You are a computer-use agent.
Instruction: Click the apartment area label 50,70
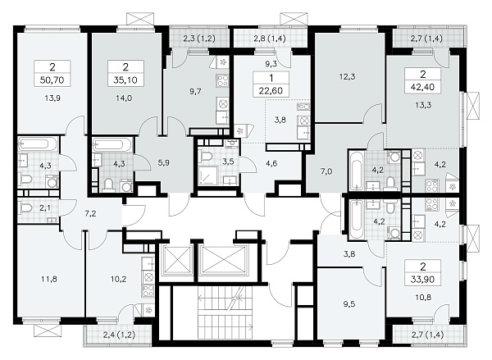[52, 80]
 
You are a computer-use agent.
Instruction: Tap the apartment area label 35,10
[125, 80]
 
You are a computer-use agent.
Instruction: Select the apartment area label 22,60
[271, 91]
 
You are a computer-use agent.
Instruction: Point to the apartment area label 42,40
[422, 87]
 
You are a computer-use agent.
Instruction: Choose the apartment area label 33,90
[422, 279]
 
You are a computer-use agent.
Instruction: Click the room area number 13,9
[52, 98]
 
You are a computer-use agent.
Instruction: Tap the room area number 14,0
[125, 98]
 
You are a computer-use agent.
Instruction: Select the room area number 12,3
[348, 76]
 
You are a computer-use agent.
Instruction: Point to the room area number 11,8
[49, 278]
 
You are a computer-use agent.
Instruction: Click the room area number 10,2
[119, 278]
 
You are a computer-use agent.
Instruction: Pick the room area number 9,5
[349, 303]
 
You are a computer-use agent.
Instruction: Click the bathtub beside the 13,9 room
[38, 144]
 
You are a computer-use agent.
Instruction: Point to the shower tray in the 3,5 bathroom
[207, 175]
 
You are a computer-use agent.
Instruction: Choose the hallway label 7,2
[90, 214]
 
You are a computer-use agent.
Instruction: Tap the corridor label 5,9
[164, 163]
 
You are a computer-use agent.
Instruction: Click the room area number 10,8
[422, 297]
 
